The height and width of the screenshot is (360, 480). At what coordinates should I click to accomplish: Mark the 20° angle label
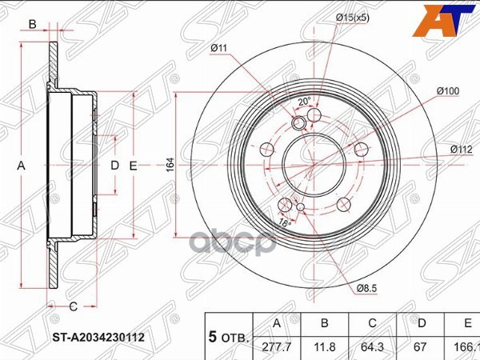303,102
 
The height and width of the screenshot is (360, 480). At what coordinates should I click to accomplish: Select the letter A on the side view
22,166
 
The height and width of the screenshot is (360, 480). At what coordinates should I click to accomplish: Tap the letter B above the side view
32,25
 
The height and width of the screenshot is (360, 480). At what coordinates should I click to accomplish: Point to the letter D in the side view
114,166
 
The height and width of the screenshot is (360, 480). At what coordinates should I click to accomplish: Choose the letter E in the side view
134,166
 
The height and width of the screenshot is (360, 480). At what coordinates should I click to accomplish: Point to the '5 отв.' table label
229,338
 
